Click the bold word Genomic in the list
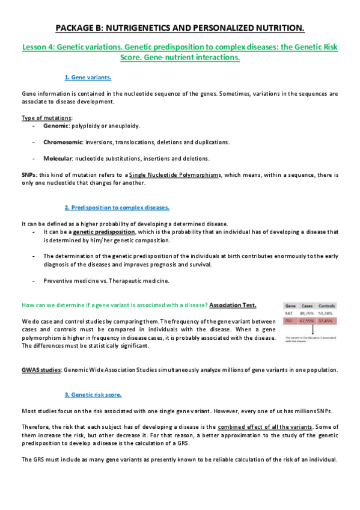[x=56, y=126]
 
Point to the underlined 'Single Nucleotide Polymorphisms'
[x=171, y=174]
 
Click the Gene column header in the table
[x=290, y=306]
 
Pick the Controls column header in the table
[x=326, y=306]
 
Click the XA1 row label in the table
[x=289, y=313]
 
